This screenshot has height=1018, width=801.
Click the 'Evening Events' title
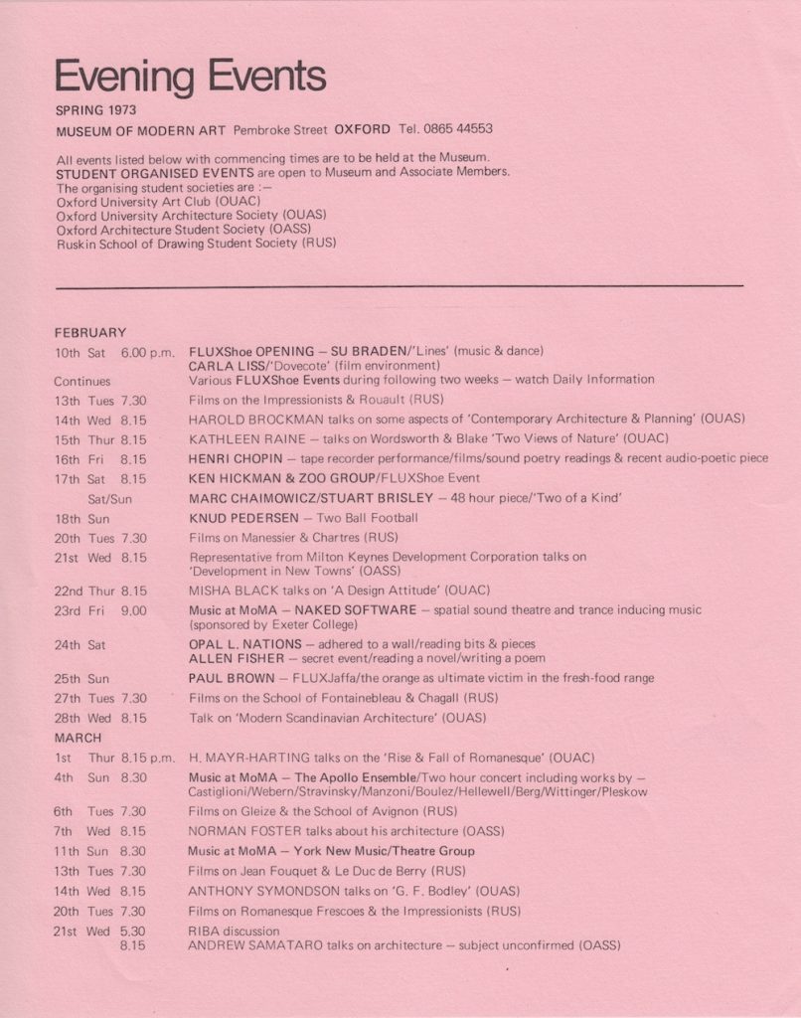pyautogui.click(x=190, y=77)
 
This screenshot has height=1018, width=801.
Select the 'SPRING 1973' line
pyautogui.click(x=96, y=109)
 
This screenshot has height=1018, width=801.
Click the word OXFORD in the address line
pyautogui.click(x=363, y=129)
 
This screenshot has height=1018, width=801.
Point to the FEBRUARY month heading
pyautogui.click(x=90, y=332)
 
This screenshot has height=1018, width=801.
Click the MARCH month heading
pyautogui.click(x=79, y=738)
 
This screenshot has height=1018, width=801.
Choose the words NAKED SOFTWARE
pyautogui.click(x=365, y=610)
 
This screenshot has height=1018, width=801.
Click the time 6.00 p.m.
pyautogui.click(x=148, y=352)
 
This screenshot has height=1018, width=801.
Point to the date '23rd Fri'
pyautogui.click(x=80, y=610)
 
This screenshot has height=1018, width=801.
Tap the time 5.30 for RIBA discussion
pyautogui.click(x=132, y=932)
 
